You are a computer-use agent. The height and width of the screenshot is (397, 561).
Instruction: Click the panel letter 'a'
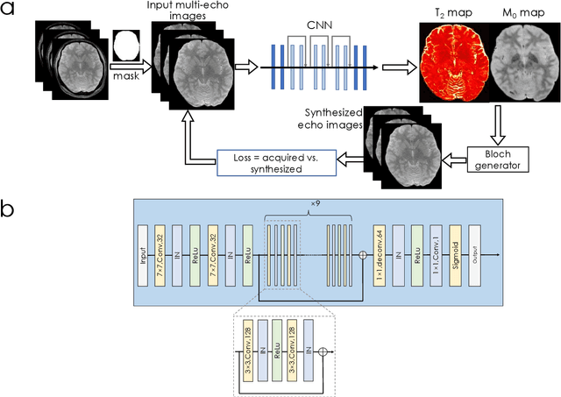(x=11, y=15)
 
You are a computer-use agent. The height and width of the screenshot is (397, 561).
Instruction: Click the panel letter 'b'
(x=11, y=211)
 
